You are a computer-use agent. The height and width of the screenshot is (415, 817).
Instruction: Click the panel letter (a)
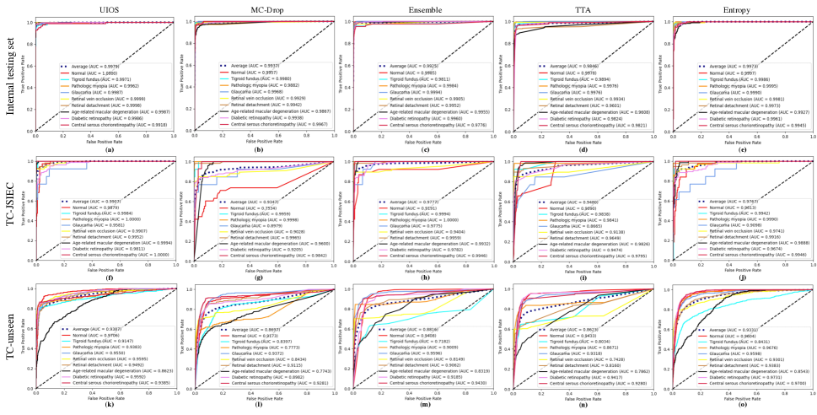coord(105,150)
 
